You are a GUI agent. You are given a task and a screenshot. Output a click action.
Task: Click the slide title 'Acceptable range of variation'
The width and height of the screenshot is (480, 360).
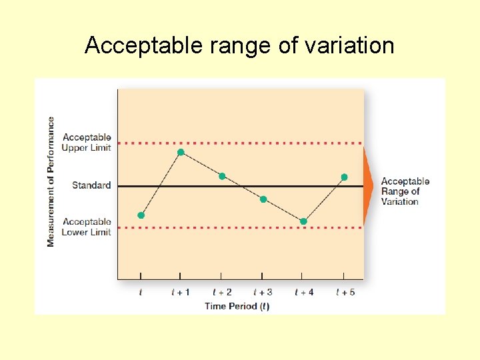coord(239,45)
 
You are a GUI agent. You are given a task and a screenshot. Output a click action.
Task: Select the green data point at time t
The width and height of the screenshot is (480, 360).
coord(141,215)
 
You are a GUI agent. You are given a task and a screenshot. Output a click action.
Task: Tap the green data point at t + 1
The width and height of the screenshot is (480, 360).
coord(181,153)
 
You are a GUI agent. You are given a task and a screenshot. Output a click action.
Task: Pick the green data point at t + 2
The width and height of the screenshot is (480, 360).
coord(222,176)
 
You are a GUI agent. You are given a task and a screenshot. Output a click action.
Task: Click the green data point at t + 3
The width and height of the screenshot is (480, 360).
coord(263,199)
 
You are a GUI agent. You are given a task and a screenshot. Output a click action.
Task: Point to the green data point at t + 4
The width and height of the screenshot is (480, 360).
coord(303,221)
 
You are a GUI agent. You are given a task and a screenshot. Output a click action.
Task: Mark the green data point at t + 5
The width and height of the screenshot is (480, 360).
coord(344,177)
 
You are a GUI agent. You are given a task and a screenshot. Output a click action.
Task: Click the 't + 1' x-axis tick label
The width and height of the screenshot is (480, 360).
coord(181,292)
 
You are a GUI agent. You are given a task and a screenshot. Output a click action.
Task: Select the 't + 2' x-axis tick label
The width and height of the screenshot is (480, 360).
coord(222,292)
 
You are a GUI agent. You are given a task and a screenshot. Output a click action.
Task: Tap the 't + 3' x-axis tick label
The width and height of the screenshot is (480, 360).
coord(263,292)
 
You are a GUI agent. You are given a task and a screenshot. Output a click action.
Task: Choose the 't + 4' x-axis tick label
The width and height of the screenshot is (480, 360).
coord(304,292)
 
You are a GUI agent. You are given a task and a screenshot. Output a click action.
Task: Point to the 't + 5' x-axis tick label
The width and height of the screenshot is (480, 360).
coord(345,292)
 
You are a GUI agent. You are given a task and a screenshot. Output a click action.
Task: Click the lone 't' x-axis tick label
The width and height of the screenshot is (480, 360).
coord(141,292)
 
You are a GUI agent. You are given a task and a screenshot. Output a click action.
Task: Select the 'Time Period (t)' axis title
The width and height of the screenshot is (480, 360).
coord(237,306)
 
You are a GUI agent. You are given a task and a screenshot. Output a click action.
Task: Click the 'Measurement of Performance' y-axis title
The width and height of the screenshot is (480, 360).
coord(51,181)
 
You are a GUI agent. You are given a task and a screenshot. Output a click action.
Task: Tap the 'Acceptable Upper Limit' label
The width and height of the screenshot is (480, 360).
coord(87,143)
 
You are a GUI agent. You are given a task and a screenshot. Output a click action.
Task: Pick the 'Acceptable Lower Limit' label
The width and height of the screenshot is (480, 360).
coord(87,227)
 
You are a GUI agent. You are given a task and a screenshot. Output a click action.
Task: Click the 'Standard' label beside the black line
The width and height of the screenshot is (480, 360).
coord(91,185)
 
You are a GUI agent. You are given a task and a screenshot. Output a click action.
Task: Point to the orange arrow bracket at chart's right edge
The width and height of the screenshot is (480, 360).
coord(368,186)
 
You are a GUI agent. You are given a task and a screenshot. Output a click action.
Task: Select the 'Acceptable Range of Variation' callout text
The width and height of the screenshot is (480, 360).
coord(405,191)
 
